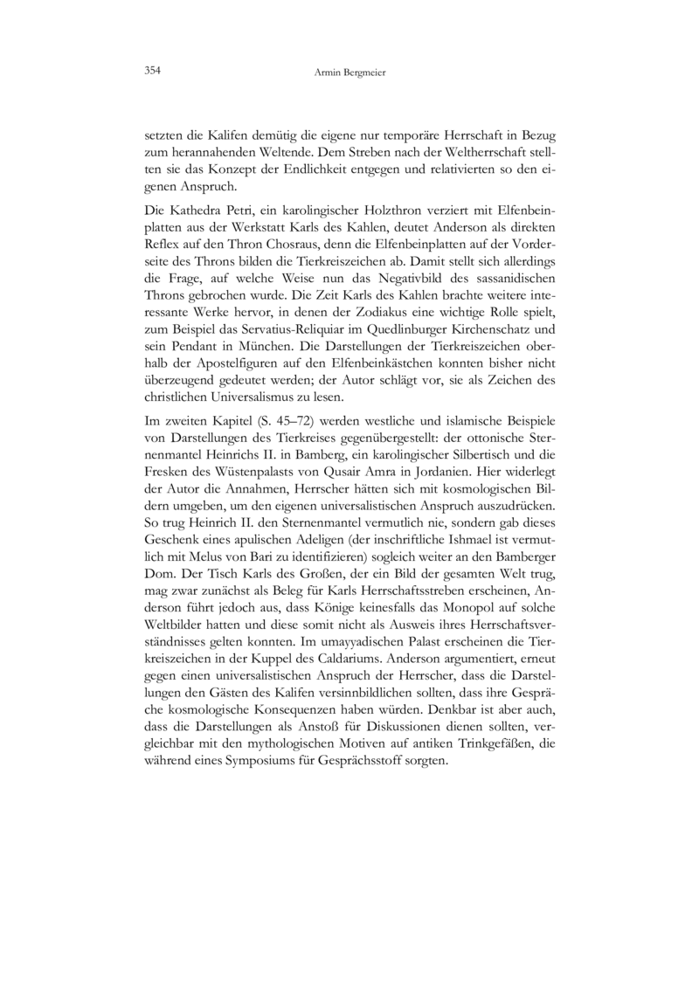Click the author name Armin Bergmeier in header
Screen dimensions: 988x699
click(x=349, y=73)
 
